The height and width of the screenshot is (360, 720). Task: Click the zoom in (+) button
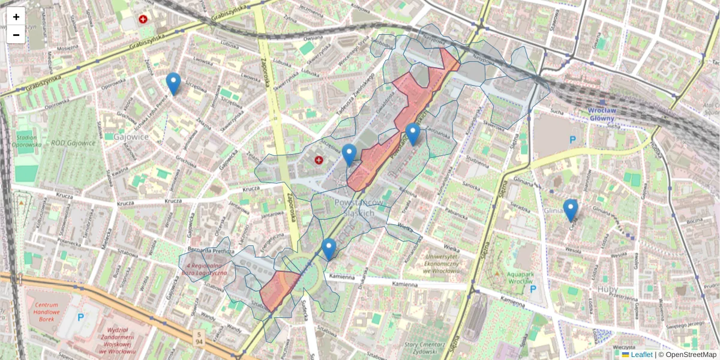pyautogui.click(x=16, y=17)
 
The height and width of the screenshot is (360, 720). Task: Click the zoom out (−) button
pyautogui.click(x=16, y=35)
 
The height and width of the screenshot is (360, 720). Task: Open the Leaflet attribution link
pyautogui.click(x=641, y=355)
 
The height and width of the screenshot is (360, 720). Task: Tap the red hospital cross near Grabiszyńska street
pyautogui.click(x=143, y=19)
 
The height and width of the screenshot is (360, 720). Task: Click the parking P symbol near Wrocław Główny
pyautogui.click(x=572, y=139)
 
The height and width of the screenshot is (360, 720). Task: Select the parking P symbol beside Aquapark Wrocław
pyautogui.click(x=533, y=289)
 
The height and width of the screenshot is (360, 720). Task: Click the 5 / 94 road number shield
pyautogui.click(x=199, y=337)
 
